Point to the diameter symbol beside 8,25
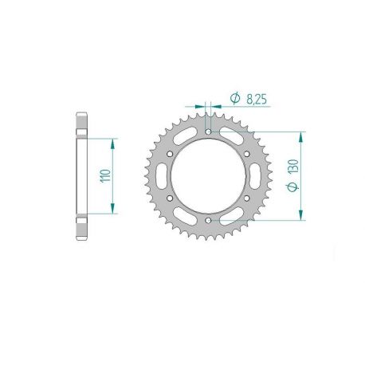(x=236, y=98)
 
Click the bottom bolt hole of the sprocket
(x=208, y=218)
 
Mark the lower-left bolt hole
(x=170, y=197)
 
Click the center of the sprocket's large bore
(x=208, y=175)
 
